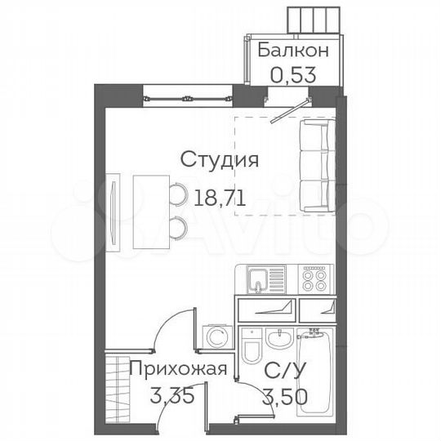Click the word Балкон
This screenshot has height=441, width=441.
point(294,50)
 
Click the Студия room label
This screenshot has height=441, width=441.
point(220,159)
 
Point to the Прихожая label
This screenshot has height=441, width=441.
point(177,367)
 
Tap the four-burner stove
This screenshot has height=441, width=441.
point(313,281)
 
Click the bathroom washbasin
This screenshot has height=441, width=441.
point(278,336)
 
